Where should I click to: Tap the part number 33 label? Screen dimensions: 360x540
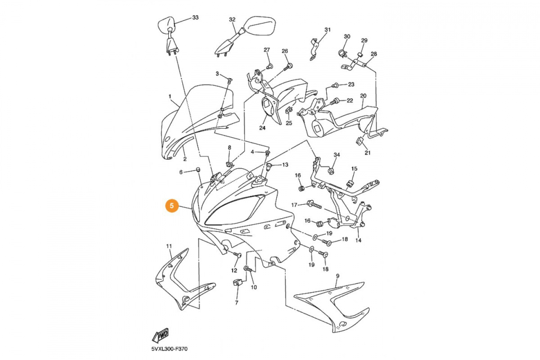pos(195,18)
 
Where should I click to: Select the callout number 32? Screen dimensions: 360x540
pos(232,20)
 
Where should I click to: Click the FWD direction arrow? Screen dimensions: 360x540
pos(160,335)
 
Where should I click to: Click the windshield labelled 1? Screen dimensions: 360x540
pos(198,117)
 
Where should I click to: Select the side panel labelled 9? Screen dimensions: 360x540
pos(333,306)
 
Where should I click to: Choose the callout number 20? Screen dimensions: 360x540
pos(363,96)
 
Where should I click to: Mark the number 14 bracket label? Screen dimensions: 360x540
pos(358,240)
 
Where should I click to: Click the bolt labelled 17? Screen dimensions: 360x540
pos(314,205)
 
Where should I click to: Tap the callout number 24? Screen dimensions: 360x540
pos(262,128)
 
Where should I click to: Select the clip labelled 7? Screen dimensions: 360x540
pos(238,283)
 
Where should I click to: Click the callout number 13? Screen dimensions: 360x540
pos(285,165)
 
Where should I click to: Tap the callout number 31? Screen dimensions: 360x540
pos(327,30)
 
